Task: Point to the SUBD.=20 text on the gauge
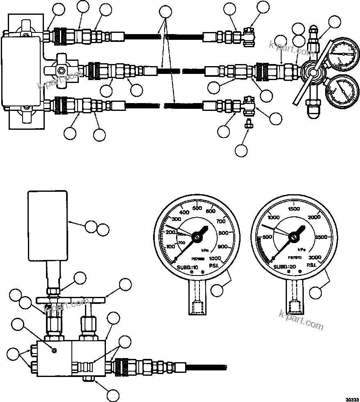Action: coord(287,267)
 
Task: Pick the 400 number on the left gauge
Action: coord(184,212)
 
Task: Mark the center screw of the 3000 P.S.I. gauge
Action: coord(294,236)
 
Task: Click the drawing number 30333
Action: coord(351,398)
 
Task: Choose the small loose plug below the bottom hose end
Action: coord(247,124)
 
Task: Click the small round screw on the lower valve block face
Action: coord(54,349)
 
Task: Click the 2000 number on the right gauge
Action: coord(314,217)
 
